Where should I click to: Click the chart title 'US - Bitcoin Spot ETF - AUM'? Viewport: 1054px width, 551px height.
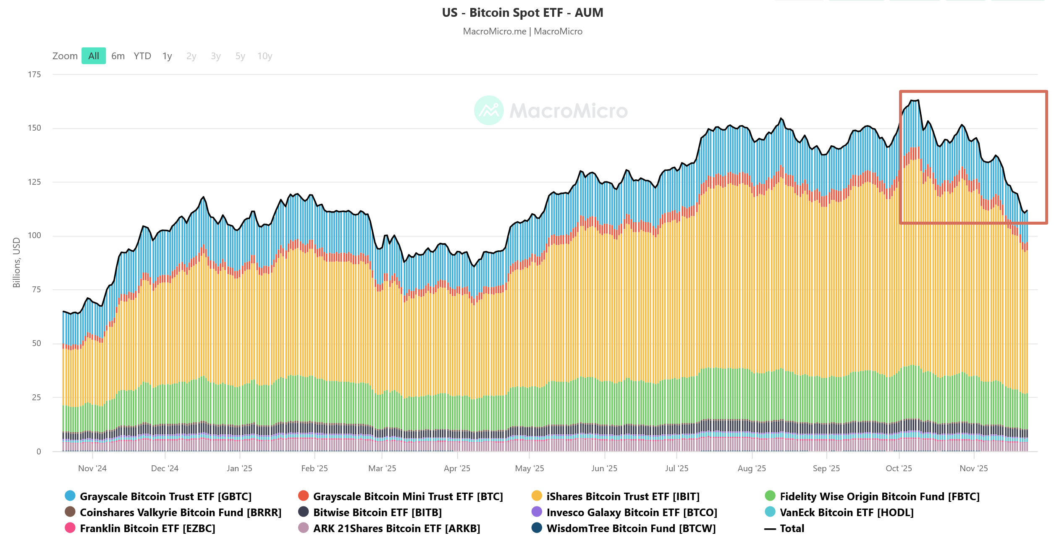pos(522,13)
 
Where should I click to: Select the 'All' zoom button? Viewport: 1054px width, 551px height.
pos(94,56)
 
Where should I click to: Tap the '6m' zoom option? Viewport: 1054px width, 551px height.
pos(118,56)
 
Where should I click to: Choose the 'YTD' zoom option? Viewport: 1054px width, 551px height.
pos(142,56)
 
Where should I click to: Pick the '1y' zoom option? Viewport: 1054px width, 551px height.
pos(167,56)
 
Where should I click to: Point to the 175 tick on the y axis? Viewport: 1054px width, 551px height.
pos(34,74)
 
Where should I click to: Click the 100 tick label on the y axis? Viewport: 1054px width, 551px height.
pos(34,235)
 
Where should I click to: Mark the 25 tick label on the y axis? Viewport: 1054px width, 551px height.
pos(37,397)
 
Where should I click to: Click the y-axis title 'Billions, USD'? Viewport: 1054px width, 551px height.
pos(17,262)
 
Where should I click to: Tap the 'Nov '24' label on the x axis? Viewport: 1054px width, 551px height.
pos(92,468)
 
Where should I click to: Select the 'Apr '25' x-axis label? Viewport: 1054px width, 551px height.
pos(457,468)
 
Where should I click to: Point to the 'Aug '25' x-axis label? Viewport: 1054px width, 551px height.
pos(752,468)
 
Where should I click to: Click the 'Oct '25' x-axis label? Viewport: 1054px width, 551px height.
pos(899,468)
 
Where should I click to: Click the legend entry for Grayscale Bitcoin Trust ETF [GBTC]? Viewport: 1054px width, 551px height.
pos(165,496)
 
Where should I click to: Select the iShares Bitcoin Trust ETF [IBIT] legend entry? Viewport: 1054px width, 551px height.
pos(623,496)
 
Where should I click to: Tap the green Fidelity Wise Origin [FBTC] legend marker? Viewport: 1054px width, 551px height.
pos(770,496)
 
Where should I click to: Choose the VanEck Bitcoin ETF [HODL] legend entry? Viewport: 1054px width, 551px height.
pos(846,512)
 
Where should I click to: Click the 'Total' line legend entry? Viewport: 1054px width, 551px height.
pos(792,528)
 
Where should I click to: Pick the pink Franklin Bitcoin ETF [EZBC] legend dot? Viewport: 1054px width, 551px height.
pos(70,528)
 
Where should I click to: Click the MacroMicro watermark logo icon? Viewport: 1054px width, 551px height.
pos(489,110)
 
